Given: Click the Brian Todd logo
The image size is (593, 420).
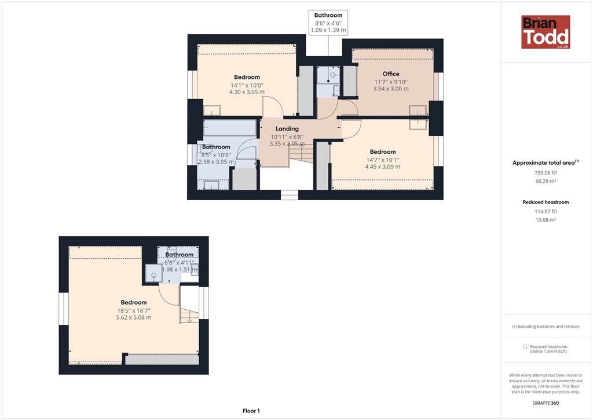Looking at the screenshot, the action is (546, 32).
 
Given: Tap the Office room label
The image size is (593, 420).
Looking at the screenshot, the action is (391, 74).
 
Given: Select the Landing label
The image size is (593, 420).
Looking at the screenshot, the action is (287, 129).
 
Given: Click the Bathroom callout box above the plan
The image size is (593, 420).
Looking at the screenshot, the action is (328, 23).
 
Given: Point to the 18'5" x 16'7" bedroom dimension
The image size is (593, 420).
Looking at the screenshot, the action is (134, 310).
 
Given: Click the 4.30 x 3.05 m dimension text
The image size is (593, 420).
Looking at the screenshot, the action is (247, 92).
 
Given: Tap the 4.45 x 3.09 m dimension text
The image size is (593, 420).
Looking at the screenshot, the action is (383, 166).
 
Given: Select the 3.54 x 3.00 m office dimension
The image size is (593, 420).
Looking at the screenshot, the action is (391, 89).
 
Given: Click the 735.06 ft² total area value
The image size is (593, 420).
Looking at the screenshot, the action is (546, 173).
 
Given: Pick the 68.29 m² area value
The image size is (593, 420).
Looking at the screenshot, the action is (546, 181).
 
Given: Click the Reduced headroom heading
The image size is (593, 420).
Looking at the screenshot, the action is (546, 202).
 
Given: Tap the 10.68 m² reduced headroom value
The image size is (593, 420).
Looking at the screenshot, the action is (546, 220).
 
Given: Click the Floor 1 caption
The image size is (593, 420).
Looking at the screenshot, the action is (251, 411).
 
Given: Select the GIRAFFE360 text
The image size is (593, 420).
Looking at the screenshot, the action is (546, 403).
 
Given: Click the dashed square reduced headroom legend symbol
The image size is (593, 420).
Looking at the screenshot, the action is (525, 346).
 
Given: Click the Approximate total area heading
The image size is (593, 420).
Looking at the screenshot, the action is (546, 162).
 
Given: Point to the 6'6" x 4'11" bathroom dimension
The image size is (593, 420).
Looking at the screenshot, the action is (180, 262).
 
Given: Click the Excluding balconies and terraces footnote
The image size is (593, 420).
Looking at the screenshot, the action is (546, 327).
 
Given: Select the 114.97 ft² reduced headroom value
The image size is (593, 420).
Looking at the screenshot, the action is (546, 211).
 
